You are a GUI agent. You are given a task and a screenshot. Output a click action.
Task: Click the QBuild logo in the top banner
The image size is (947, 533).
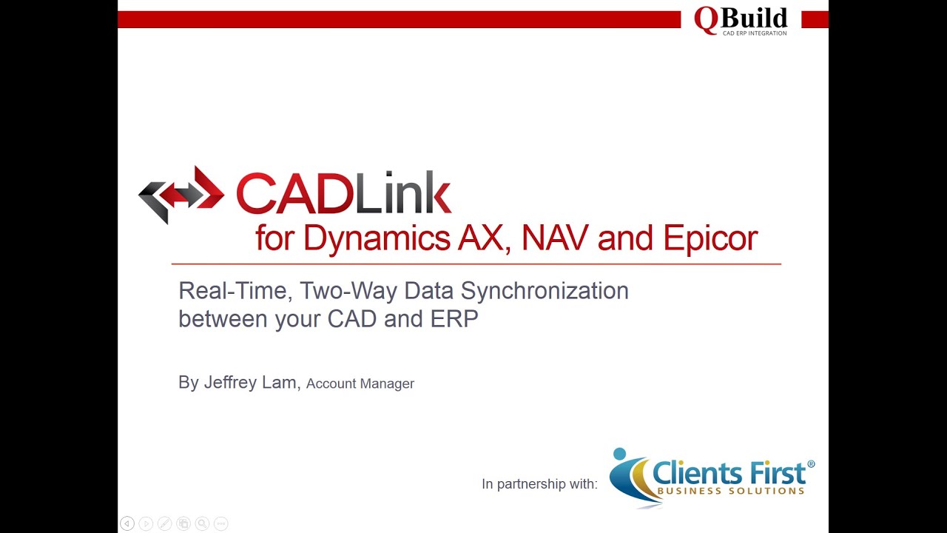coord(741,20)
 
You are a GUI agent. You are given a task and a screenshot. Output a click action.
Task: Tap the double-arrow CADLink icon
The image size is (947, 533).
coord(181,195)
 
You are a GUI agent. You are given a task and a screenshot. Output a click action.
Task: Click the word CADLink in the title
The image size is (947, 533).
coord(343,193)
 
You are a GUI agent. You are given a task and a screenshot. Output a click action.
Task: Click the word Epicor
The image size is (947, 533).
coord(710,238)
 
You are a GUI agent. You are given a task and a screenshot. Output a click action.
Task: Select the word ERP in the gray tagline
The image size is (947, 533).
coord(454,319)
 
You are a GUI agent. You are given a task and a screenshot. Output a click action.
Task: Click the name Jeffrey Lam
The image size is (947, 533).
coord(250,383)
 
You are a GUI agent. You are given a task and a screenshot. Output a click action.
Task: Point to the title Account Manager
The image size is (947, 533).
coord(360,383)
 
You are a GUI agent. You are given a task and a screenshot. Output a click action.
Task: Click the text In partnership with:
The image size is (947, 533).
coord(539,484)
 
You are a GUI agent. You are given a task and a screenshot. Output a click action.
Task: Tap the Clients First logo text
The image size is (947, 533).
coord(729,472)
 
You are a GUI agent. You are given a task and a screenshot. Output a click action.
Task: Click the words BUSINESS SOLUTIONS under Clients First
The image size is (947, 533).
coord(730,491)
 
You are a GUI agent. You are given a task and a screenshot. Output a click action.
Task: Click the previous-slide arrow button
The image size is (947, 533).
coord(127,523)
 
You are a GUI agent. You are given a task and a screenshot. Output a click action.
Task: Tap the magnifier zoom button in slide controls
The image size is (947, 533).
coord(202,523)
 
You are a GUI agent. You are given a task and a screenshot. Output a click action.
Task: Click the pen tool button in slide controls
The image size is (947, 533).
coord(164,523)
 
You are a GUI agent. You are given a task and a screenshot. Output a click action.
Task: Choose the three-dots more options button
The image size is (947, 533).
coord(220,523)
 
